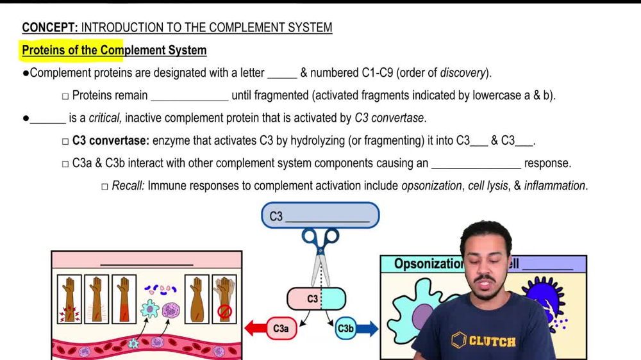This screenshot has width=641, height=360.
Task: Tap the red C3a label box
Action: click(x=281, y=329)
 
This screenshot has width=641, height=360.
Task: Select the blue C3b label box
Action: click(x=345, y=329)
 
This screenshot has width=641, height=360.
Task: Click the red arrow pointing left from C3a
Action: click(x=256, y=329)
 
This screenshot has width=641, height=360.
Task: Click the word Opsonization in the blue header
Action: click(x=428, y=264)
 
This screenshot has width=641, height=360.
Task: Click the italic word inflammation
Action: click(x=554, y=186)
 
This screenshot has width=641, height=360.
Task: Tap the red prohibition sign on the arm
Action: click(x=224, y=312)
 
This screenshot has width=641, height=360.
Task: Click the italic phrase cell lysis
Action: click(x=488, y=186)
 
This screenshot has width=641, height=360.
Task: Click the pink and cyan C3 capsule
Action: click(x=316, y=299)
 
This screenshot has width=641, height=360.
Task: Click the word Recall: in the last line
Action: click(x=128, y=186)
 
